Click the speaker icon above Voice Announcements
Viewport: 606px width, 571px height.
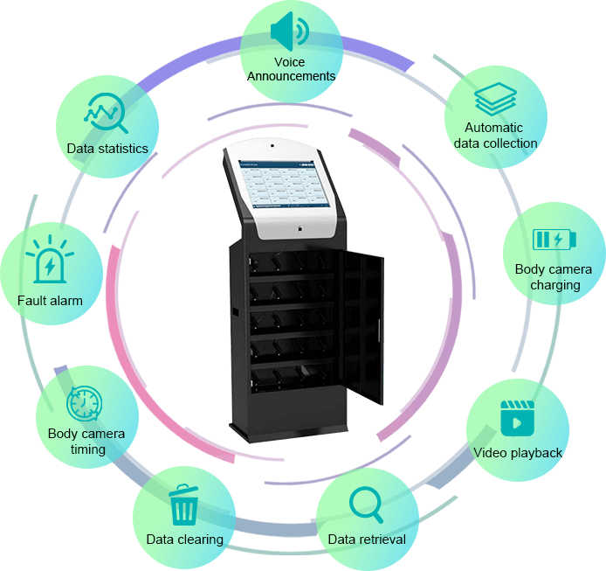click(x=289, y=32)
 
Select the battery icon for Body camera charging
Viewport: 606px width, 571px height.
click(x=554, y=239)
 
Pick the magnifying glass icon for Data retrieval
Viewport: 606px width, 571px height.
click(x=365, y=505)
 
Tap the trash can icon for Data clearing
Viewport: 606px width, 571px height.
click(x=183, y=505)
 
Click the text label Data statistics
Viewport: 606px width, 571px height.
click(x=107, y=149)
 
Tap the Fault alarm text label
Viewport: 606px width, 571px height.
click(x=50, y=301)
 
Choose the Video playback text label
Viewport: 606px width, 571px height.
click(x=518, y=453)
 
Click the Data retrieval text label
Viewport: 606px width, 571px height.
click(x=367, y=539)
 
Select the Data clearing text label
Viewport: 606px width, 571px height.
click(x=184, y=539)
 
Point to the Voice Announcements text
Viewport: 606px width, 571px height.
click(x=290, y=69)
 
